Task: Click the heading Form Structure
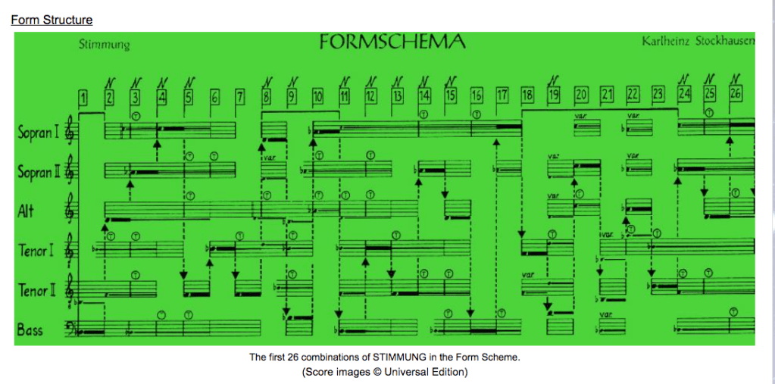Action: [52, 20]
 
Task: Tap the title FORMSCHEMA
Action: [392, 42]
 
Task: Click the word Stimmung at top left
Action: [104, 45]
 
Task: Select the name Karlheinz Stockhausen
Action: [698, 40]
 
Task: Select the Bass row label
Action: [30, 329]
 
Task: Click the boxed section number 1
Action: [83, 97]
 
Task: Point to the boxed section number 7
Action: [240, 96]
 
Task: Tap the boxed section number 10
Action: [318, 96]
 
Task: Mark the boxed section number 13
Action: [397, 96]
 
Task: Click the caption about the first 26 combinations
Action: [385, 357]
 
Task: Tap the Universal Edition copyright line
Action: [385, 372]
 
